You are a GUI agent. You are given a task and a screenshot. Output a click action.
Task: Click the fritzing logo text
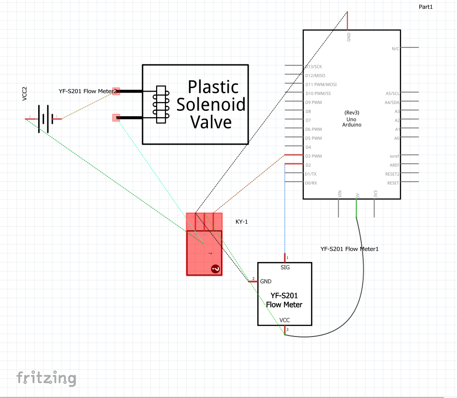[x=46, y=378]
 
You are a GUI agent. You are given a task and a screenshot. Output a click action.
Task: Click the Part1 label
[x=426, y=7]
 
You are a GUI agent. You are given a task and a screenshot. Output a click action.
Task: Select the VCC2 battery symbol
[x=44, y=118]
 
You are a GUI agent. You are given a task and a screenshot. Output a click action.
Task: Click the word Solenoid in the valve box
[x=211, y=104]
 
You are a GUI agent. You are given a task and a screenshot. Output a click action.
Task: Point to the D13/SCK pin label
[x=314, y=66]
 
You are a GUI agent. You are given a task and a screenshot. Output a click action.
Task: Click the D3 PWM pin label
[x=313, y=156]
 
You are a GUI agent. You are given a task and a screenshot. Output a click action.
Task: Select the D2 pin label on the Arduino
[x=308, y=165]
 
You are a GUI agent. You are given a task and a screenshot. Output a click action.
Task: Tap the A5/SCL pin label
[x=392, y=93]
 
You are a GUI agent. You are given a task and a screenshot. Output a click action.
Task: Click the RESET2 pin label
[x=392, y=174]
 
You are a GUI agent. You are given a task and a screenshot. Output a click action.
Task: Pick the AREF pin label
[x=395, y=165]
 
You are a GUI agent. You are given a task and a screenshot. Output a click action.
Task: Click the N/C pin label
[x=396, y=48]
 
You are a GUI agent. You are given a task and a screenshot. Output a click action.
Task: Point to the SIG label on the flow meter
[x=285, y=267]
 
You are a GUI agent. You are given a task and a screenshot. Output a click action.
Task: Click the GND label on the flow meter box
[x=265, y=281]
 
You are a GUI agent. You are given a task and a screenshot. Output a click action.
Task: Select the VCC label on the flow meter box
[x=285, y=320]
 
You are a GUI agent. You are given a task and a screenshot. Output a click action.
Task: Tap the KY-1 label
[x=242, y=222]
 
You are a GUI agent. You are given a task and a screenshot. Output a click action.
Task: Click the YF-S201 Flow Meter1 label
[x=349, y=249]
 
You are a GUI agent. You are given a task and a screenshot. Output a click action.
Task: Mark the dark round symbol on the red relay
[x=215, y=269]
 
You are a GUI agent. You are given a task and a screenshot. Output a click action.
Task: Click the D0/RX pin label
[x=311, y=183]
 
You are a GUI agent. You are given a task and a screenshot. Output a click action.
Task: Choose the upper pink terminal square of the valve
[x=116, y=91]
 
